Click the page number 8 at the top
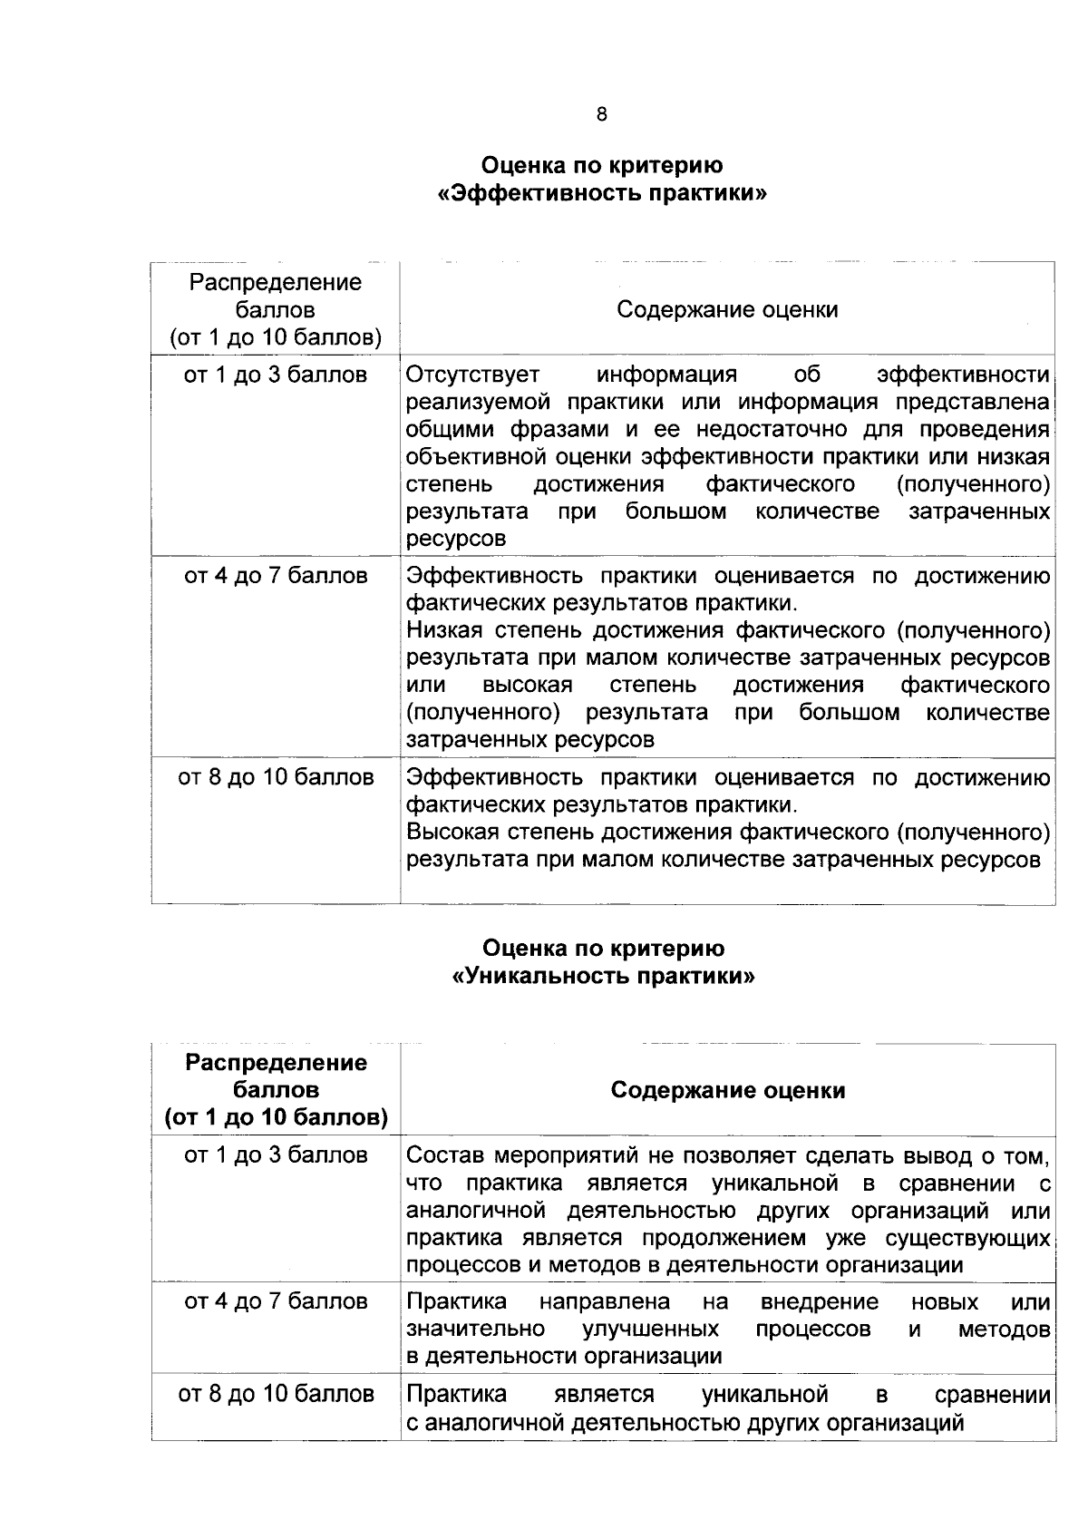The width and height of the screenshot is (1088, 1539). point(602,115)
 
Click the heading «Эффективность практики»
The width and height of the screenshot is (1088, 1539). point(602,194)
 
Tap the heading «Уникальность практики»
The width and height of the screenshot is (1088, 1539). point(602,977)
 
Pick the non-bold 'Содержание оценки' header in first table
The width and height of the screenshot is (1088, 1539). point(727,310)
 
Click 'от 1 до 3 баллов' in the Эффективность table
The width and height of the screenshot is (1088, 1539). point(276,375)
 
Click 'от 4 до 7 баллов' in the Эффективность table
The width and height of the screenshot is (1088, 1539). point(276,577)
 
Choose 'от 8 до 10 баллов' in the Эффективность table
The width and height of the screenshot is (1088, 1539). point(276,778)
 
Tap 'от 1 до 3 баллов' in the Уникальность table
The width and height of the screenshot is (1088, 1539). point(276,1155)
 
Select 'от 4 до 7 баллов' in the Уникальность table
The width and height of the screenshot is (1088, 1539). point(276,1302)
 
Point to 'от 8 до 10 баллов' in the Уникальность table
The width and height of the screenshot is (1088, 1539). point(276,1394)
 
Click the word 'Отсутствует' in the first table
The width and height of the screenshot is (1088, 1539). point(472,375)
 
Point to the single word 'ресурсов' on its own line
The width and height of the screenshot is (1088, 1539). point(456,539)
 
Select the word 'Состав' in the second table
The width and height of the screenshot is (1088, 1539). point(440,1155)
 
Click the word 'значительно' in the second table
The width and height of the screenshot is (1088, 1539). point(475,1330)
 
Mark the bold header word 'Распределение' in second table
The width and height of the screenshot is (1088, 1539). point(276,1063)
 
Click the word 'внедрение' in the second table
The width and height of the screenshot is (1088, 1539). point(819,1302)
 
